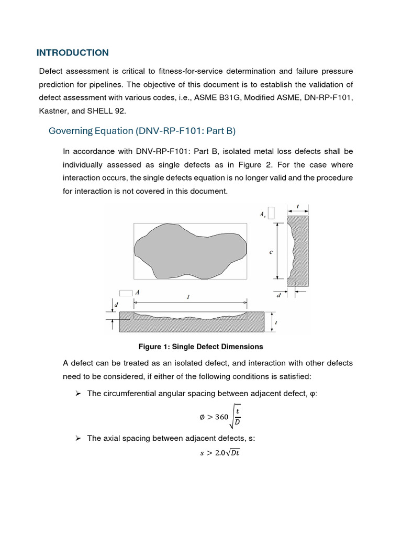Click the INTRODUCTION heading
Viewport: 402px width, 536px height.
tap(72, 53)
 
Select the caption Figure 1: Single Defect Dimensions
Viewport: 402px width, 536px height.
tap(200, 347)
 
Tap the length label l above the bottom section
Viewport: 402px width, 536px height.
tap(188, 297)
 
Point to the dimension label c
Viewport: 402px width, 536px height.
tap(271, 252)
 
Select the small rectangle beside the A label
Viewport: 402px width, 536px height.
tap(126, 293)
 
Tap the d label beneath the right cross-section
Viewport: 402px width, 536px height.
tap(278, 295)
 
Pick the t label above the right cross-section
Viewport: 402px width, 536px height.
tap(297, 206)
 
